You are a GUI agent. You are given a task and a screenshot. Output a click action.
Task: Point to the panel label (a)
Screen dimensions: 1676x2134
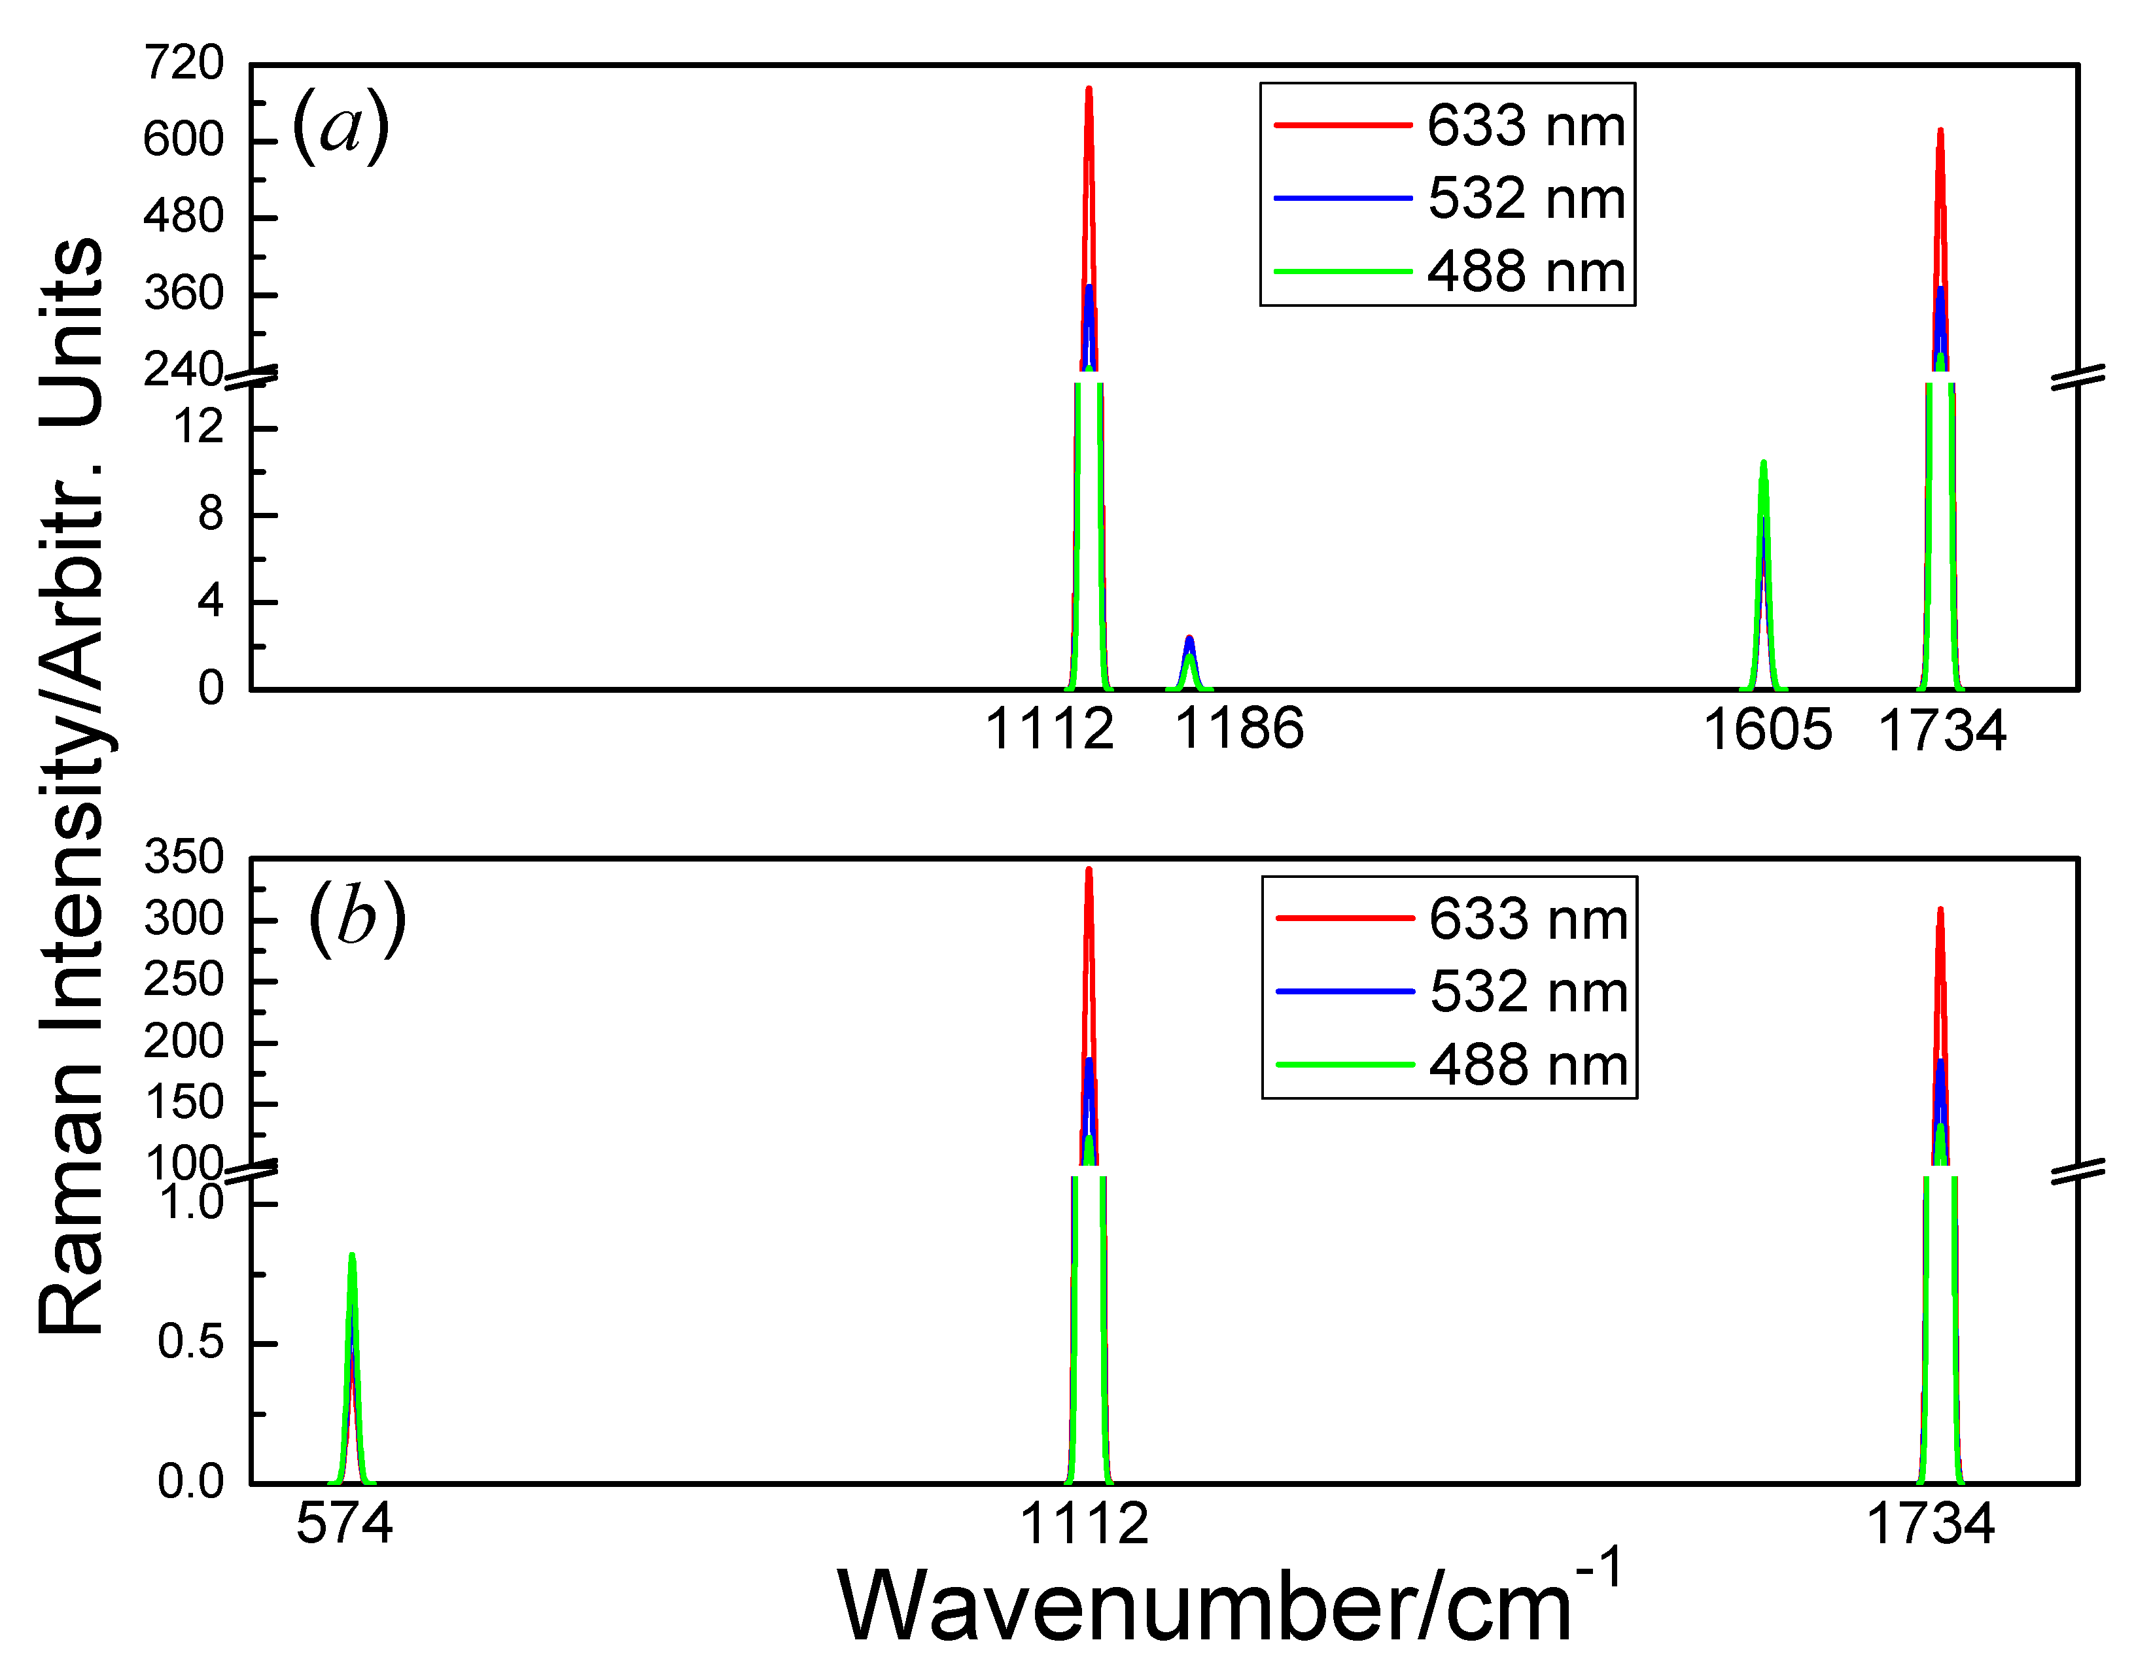(340, 126)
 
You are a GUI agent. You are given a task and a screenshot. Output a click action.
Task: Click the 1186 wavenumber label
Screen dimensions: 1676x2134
(1239, 728)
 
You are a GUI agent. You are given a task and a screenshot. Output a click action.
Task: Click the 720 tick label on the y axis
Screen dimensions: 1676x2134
(183, 65)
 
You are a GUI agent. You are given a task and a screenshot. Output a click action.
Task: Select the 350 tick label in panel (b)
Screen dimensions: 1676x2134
(183, 858)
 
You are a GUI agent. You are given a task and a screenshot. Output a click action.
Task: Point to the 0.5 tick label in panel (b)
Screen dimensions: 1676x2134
(190, 1342)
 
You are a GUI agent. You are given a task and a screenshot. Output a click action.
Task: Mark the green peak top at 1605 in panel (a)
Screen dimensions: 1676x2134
(1763, 463)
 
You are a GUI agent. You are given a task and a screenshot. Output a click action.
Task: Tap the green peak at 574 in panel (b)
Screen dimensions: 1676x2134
(351, 1258)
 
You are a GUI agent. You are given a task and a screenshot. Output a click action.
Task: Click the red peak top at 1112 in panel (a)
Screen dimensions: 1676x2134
(1088, 90)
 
